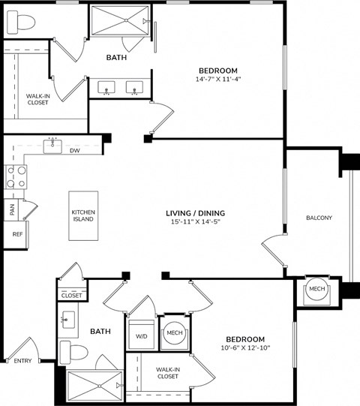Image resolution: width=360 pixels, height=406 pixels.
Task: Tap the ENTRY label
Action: click(x=24, y=361)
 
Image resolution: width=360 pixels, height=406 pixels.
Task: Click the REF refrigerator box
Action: click(x=17, y=234)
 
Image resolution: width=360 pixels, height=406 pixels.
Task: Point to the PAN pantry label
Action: click(x=12, y=210)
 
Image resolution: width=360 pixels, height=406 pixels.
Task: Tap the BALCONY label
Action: click(x=319, y=218)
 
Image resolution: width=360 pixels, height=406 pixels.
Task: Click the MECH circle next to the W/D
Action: click(x=175, y=332)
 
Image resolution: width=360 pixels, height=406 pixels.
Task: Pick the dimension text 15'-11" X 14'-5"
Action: click(x=195, y=222)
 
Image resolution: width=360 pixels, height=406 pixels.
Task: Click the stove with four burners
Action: click(x=16, y=178)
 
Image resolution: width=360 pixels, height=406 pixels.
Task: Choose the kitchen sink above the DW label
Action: click(x=52, y=145)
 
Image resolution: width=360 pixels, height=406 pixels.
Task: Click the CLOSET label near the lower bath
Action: click(x=72, y=296)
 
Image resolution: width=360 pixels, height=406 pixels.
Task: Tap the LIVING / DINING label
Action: click(x=195, y=212)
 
